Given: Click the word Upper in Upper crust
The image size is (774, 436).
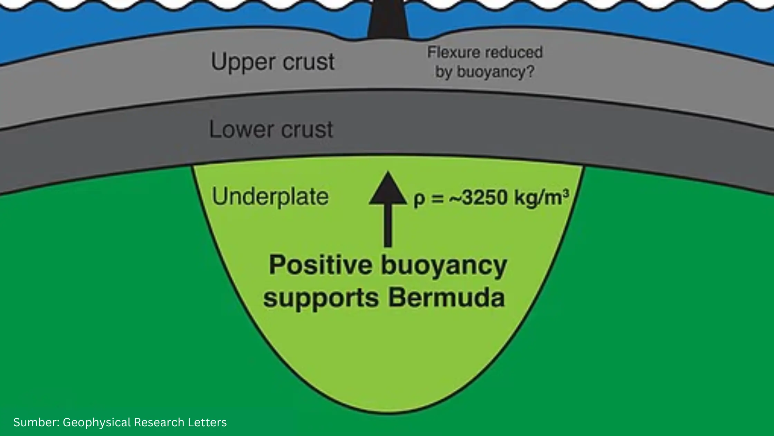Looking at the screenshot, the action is [x=242, y=63].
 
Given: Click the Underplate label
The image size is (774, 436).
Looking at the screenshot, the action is [x=270, y=197].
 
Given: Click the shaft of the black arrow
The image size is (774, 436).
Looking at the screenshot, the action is [x=388, y=225].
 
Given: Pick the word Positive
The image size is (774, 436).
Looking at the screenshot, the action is [x=321, y=265].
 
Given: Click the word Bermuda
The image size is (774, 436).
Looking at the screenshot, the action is [x=446, y=298].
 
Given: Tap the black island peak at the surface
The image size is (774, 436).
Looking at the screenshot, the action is [x=388, y=19].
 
